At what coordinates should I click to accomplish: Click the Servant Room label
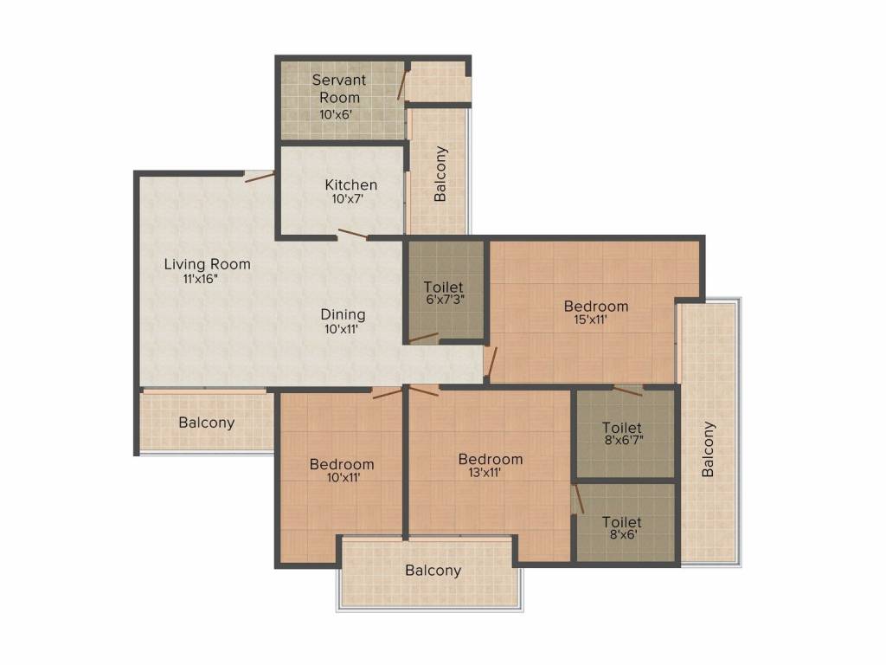tap(339, 89)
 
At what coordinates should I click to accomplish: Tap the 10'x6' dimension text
tap(336, 114)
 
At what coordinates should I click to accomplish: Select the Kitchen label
tap(351, 185)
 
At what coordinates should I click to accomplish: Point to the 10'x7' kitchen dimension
tap(347, 199)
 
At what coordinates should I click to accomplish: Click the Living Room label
tap(208, 264)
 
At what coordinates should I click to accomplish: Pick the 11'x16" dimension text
tap(201, 279)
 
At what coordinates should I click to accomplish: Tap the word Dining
tap(343, 315)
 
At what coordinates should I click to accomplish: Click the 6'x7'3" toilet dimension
tap(446, 300)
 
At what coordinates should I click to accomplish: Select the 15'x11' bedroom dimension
tap(590, 320)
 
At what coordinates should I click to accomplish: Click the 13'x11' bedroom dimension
tap(485, 473)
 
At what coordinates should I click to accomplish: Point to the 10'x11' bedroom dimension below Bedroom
tap(343, 478)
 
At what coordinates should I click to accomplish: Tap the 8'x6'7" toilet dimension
tap(624, 440)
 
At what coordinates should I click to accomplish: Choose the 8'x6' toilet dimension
tap(623, 534)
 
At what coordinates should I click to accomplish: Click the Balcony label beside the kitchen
tap(440, 173)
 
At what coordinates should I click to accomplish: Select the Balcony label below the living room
tap(206, 423)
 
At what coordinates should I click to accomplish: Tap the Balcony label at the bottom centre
tap(433, 571)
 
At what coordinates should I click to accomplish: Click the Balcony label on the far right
tap(708, 449)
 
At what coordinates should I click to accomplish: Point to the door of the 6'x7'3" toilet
tap(424, 339)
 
